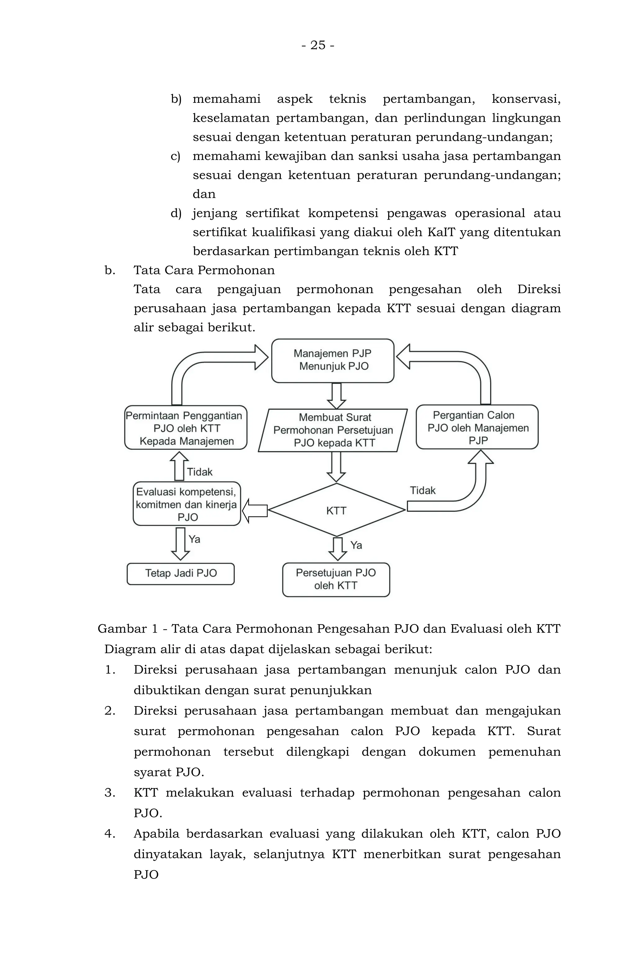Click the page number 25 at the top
click(318, 45)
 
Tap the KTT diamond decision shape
click(336, 510)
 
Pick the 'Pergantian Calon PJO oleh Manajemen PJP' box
click(477, 427)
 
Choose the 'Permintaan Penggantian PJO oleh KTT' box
click(186, 428)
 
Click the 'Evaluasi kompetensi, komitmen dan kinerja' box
click(187, 504)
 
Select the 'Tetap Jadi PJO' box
click(181, 573)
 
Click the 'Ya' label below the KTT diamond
click(356, 545)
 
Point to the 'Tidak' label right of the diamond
click(423, 490)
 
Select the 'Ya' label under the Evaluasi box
click(194, 539)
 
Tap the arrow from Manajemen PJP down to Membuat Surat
click(336, 395)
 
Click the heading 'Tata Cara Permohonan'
click(204, 270)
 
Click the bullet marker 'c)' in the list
click(175, 156)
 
